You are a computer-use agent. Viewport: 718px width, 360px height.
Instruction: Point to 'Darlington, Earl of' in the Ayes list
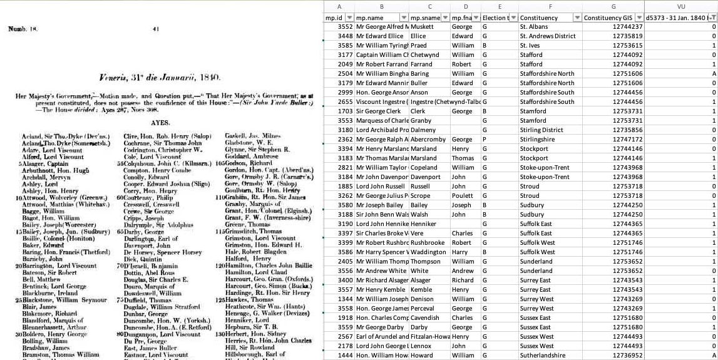148,239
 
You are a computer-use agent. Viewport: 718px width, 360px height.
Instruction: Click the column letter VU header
681,7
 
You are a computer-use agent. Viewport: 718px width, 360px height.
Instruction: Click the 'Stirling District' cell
545,130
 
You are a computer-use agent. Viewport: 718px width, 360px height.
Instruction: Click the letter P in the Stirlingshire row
485,139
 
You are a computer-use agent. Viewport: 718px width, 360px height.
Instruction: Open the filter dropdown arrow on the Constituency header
575,18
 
